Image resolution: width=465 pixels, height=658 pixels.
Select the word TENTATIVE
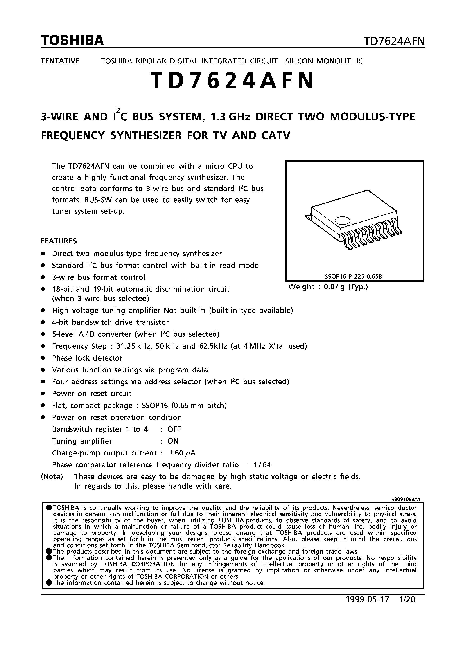pos(60,61)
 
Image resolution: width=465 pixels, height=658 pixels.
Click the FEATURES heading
pos(59,241)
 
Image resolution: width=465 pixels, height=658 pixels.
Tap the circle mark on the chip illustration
pos(342,220)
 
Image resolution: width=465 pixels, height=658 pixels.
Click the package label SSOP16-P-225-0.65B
pos(354,277)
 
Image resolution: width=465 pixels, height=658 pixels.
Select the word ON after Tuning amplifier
pos(173,441)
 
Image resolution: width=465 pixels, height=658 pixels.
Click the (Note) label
pos(52,477)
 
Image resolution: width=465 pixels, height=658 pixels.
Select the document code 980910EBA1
pos(406,499)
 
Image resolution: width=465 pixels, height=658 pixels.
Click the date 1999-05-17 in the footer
pos(368,599)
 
